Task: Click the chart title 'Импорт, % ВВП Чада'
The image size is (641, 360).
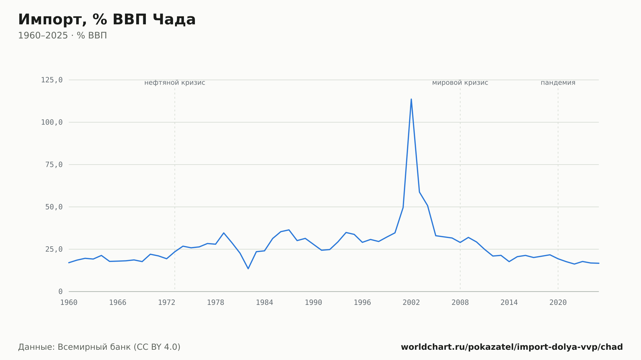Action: coord(107,20)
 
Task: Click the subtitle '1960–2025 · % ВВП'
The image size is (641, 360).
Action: coord(62,36)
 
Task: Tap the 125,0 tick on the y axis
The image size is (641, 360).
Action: coord(52,80)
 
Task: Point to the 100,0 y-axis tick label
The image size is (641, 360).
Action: coord(52,122)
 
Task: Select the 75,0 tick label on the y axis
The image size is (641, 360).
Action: coord(54,165)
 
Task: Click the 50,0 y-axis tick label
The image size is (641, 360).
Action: coord(54,207)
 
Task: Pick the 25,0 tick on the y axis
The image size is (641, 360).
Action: coord(54,249)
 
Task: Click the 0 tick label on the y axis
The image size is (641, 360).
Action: coord(61,291)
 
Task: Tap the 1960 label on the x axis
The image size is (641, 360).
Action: coord(69,303)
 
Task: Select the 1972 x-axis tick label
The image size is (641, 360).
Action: coord(167,303)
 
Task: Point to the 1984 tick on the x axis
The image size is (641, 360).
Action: coord(264,303)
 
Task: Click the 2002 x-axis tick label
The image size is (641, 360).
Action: coord(411,303)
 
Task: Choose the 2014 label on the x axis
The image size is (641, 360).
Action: coord(509,303)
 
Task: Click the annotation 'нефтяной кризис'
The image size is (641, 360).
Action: coord(175,83)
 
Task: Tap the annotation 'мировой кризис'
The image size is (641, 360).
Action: coord(460,83)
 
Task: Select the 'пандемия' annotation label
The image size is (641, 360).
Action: coord(558,83)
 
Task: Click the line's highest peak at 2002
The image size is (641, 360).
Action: coord(411,99)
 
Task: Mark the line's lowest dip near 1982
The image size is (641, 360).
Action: coord(248,268)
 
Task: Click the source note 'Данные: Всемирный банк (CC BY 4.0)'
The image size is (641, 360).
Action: coord(99,347)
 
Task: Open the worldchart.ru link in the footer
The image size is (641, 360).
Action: coord(512,347)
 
